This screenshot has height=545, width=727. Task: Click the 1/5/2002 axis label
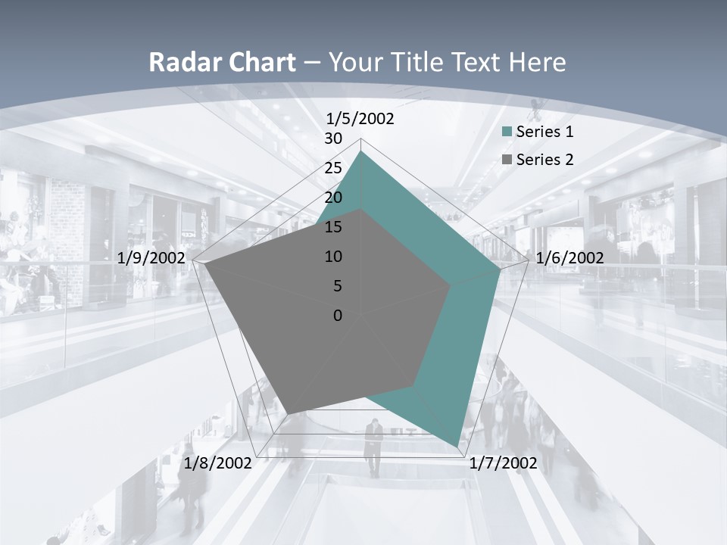(360, 119)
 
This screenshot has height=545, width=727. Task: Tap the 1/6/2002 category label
(569, 258)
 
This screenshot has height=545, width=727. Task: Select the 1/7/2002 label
(503, 463)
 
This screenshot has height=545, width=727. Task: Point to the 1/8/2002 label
(218, 463)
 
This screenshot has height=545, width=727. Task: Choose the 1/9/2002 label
(151, 258)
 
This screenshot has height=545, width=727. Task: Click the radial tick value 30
(333, 139)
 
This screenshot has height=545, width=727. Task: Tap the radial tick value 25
(333, 168)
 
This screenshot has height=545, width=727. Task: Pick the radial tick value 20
(333, 198)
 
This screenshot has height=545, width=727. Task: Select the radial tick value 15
(333, 227)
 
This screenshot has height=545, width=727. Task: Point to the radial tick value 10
(333, 257)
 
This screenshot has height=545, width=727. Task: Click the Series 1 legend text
(544, 132)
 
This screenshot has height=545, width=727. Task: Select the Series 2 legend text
(544, 160)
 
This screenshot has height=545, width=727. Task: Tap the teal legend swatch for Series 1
(507, 132)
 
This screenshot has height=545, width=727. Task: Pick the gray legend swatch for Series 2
(507, 160)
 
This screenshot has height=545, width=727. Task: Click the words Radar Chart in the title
(222, 62)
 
